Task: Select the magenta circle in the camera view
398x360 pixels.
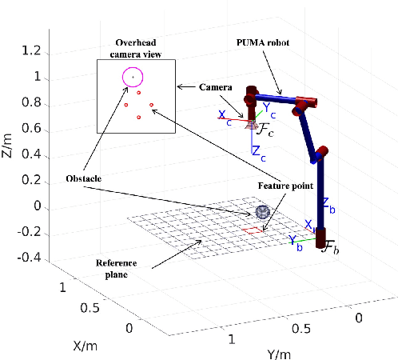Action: pos(133,77)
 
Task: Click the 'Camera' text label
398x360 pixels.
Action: pos(217,86)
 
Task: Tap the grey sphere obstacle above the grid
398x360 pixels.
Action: pos(261,214)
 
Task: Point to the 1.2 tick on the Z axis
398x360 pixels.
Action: pos(31,51)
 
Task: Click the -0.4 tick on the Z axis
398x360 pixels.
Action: pos(28,257)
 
